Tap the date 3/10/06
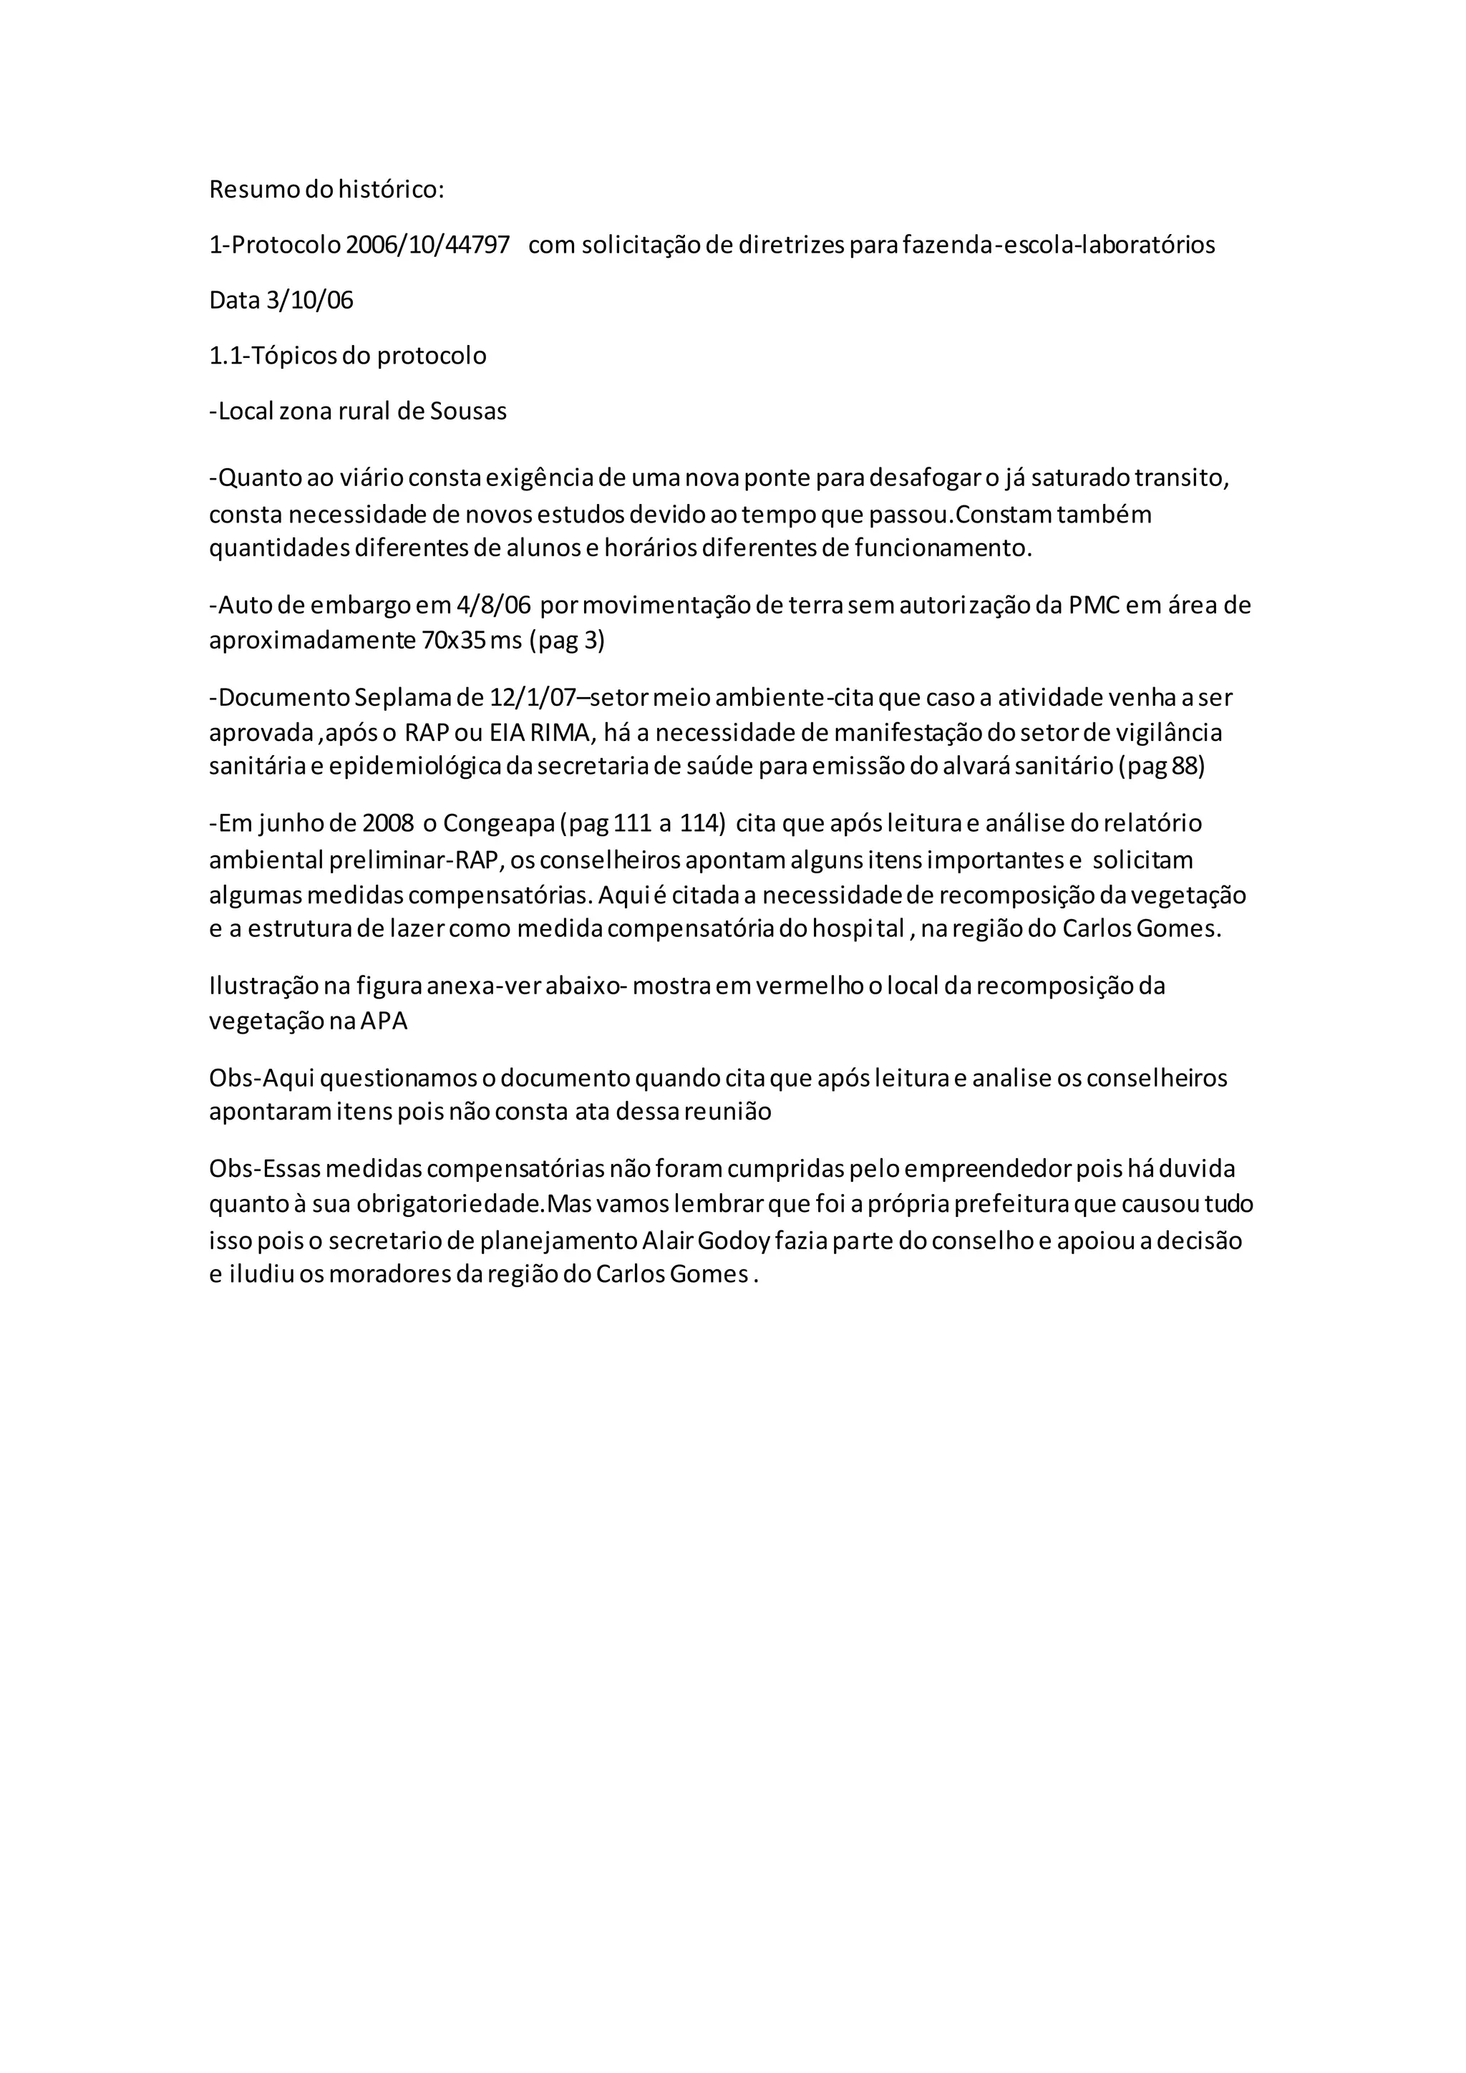coord(310,300)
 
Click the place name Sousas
coord(469,411)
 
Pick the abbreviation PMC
coord(1093,604)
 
